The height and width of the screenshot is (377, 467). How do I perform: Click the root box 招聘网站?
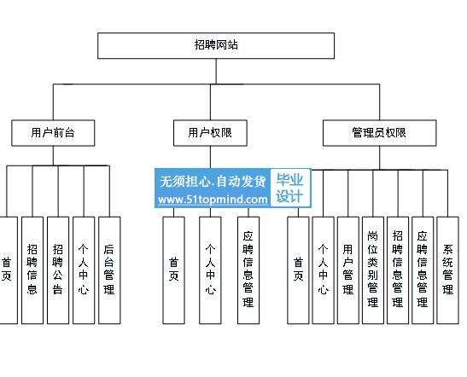click(216, 45)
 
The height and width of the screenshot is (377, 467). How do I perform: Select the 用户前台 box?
click(53, 133)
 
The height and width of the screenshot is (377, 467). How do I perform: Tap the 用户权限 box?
click(210, 133)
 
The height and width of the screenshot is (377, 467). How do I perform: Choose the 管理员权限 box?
click(379, 133)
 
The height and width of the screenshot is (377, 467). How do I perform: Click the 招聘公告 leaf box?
click(58, 270)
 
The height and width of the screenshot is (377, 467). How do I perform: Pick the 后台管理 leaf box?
click(109, 270)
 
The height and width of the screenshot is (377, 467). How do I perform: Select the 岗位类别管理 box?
click(373, 270)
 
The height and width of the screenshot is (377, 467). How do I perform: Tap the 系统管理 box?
click(447, 270)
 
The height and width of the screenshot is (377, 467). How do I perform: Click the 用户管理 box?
click(347, 270)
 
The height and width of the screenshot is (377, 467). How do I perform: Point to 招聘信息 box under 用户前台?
click(32, 270)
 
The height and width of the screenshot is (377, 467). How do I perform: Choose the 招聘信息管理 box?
click(398, 270)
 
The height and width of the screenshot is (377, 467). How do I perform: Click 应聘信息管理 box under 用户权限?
click(248, 270)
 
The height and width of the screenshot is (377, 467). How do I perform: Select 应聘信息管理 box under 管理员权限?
click(423, 270)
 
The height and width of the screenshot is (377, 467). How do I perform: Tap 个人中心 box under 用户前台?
click(84, 270)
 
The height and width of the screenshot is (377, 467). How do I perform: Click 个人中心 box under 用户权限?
click(210, 270)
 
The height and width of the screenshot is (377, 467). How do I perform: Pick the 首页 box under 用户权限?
click(173, 270)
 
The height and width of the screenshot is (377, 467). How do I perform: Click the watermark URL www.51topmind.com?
click(213, 200)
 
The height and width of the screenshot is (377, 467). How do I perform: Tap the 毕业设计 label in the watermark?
click(289, 188)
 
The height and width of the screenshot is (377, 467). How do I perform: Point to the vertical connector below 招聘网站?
click(216, 72)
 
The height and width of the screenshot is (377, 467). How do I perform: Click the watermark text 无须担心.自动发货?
click(213, 181)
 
